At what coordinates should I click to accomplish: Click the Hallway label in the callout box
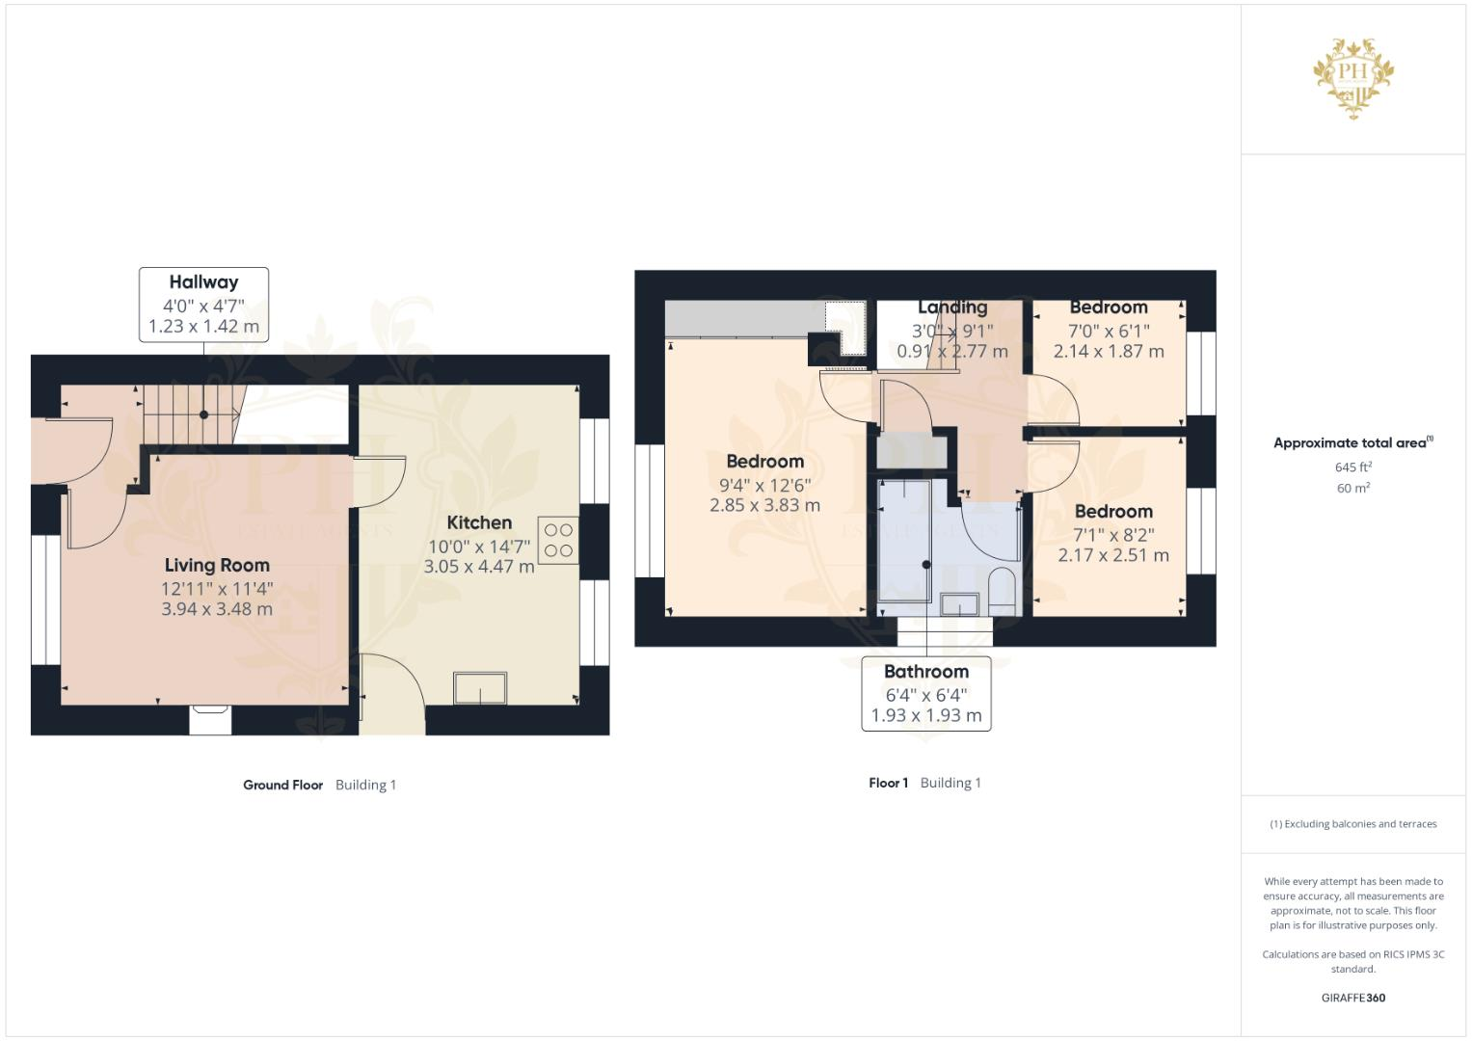pos(203,282)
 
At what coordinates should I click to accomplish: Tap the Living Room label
pos(217,566)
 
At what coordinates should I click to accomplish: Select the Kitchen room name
pos(479,522)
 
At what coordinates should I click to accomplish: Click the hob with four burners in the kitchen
pos(558,541)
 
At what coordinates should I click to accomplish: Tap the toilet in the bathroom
pos(1002,591)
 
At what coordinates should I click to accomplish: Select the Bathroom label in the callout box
pos(925,672)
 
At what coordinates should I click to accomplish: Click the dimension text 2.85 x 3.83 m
pos(764,505)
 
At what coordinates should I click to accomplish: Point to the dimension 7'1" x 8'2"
pos(1113,534)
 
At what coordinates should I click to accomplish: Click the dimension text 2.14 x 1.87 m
pos(1109,352)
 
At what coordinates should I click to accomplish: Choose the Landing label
pos(952,307)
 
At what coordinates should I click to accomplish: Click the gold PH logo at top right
pos(1353,77)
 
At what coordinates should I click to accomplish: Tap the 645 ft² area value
pos(1352,467)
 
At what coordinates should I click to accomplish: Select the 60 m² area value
pos(1352,488)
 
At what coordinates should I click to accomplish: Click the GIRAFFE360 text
pos(1352,998)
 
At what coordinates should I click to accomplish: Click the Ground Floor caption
pos(282,785)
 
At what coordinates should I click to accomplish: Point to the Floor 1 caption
pos(888,783)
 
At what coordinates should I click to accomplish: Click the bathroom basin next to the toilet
pos(959,604)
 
